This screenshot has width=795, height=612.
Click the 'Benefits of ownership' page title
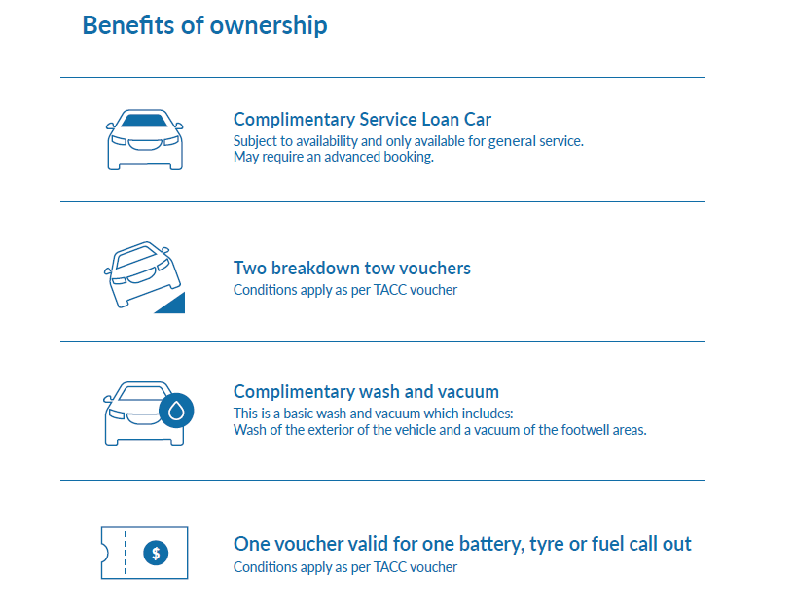[204, 25]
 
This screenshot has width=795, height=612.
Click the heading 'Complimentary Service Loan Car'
[362, 120]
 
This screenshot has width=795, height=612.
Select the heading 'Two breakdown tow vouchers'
[351, 268]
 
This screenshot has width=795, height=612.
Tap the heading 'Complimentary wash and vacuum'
[366, 392]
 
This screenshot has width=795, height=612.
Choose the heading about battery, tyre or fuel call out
[462, 544]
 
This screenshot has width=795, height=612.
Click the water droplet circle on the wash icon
[176, 411]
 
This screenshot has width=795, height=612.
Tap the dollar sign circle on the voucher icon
[156, 553]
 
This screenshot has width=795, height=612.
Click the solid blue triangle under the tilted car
[172, 304]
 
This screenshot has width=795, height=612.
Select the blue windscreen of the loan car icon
[144, 122]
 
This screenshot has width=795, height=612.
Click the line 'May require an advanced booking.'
[333, 156]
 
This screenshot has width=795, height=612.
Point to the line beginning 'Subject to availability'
[408, 141]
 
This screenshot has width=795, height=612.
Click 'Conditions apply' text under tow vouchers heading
[345, 289]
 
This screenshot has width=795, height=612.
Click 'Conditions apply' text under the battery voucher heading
[345, 567]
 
